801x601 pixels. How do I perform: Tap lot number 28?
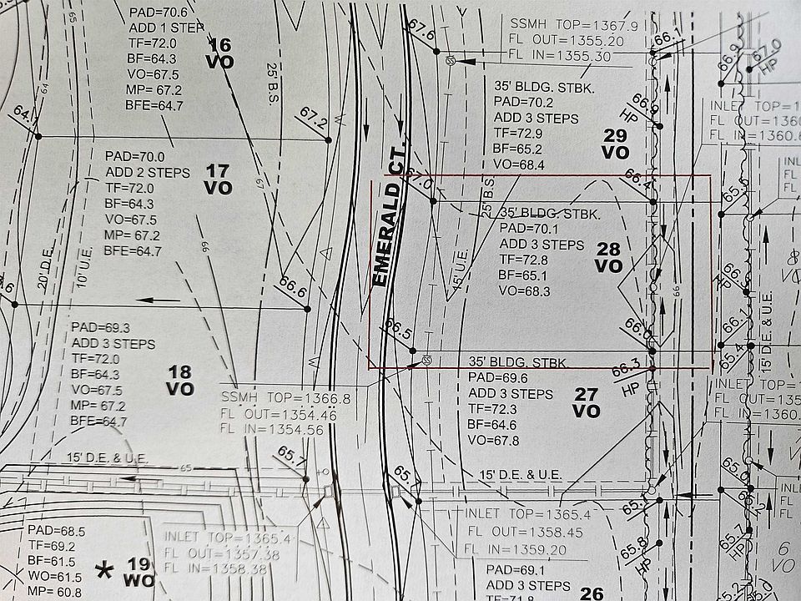click(x=609, y=248)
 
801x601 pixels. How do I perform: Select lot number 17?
click(x=218, y=171)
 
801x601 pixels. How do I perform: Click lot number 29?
click(x=615, y=135)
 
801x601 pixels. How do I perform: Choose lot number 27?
click(x=587, y=394)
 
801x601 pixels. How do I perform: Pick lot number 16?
click(x=220, y=44)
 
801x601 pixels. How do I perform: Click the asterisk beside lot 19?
click(x=104, y=571)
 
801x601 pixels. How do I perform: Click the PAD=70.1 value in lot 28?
click(x=528, y=228)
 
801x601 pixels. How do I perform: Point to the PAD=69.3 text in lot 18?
click(x=101, y=326)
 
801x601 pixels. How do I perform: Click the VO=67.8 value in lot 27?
click(x=494, y=440)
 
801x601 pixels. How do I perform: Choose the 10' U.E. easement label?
click(x=83, y=270)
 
